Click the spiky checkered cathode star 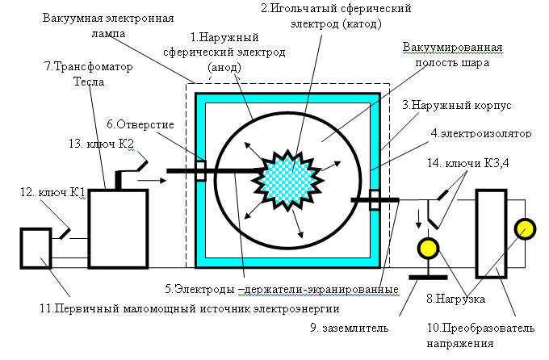pos(287,179)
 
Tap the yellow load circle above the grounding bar pos(428,248)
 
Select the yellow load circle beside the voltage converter pos(525,229)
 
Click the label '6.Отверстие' pos(140,124)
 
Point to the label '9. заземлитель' pos(350,328)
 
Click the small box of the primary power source pos(36,249)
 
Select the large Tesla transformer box pos(118,229)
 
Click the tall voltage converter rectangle pos(491,233)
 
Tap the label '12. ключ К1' pos(52,192)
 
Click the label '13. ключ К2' pos(102,144)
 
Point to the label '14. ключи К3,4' pos(468,163)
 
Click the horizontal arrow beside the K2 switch pos(152,180)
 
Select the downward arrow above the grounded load pos(418,220)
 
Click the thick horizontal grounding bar pos(428,278)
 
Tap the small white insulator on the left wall pos(201,170)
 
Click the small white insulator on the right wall pos(375,199)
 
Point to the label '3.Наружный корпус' pos(457,105)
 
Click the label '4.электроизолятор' pos(481,133)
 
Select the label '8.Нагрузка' pos(455,299)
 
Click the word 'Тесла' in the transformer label pos(89,82)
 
